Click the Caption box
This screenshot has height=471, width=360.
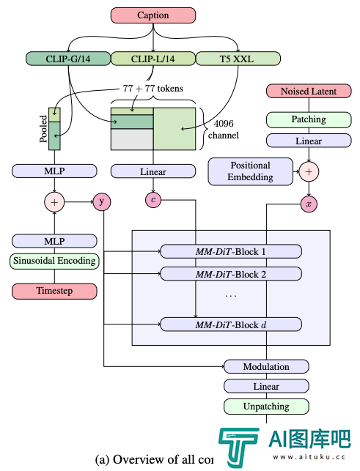click(x=153, y=15)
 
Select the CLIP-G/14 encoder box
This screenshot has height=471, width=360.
click(x=68, y=59)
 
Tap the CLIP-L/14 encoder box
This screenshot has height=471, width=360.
click(x=153, y=59)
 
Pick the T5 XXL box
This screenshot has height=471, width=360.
click(x=238, y=59)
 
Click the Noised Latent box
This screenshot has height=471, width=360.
click(x=309, y=91)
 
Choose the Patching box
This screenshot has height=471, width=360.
click(x=309, y=119)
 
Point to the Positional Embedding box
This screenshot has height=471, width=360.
click(x=251, y=171)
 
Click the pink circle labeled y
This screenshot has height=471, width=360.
click(x=102, y=202)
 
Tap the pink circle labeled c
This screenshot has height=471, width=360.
click(x=153, y=200)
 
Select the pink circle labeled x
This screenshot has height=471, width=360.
click(x=309, y=204)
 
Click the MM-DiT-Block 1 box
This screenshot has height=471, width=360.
click(x=231, y=251)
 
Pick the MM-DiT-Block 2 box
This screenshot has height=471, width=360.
click(x=231, y=274)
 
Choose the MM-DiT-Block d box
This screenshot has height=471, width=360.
click(x=231, y=324)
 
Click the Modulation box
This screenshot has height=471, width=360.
click(x=266, y=366)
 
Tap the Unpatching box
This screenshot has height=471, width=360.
click(x=266, y=407)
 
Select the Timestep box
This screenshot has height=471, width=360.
click(x=54, y=291)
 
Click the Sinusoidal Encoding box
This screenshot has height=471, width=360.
click(x=54, y=261)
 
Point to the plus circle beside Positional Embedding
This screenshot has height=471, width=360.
click(x=309, y=172)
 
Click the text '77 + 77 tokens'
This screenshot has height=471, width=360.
click(x=153, y=89)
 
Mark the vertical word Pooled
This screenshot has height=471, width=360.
click(x=43, y=129)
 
